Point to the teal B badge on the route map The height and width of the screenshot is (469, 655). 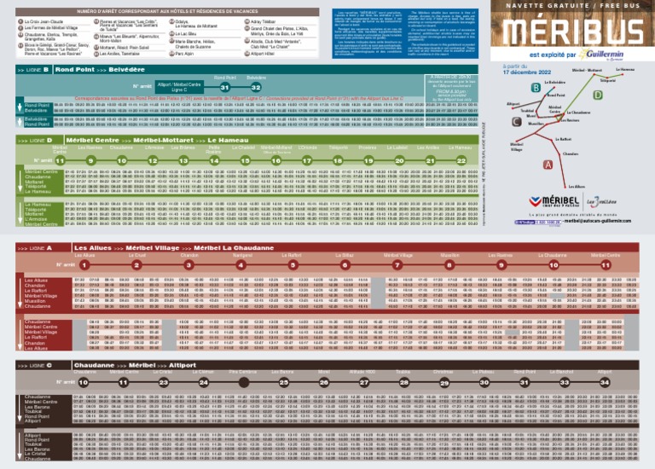[x=534, y=88]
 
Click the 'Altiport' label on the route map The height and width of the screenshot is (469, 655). [x=513, y=104]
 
